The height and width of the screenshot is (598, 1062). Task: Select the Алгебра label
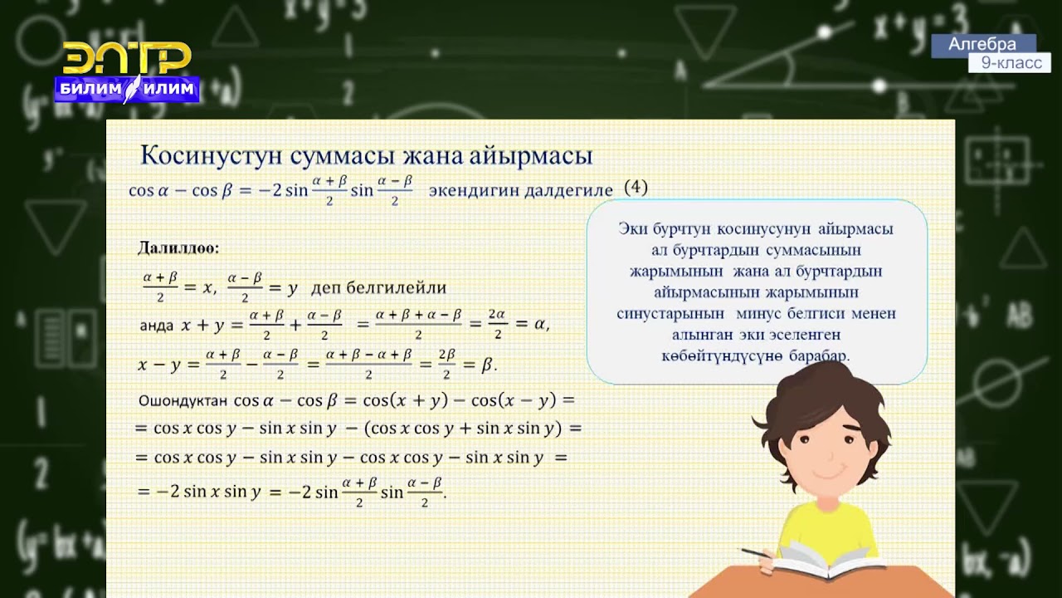click(x=982, y=45)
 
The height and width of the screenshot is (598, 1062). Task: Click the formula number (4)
click(x=635, y=188)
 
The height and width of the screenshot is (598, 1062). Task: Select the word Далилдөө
click(x=178, y=248)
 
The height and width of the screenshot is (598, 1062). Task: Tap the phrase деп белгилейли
click(x=378, y=288)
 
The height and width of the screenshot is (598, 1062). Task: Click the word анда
click(x=157, y=326)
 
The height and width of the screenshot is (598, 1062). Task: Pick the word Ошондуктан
click(x=183, y=400)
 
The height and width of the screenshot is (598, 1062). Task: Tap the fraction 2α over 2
click(x=497, y=325)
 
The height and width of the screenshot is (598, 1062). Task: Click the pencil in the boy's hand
click(x=757, y=552)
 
